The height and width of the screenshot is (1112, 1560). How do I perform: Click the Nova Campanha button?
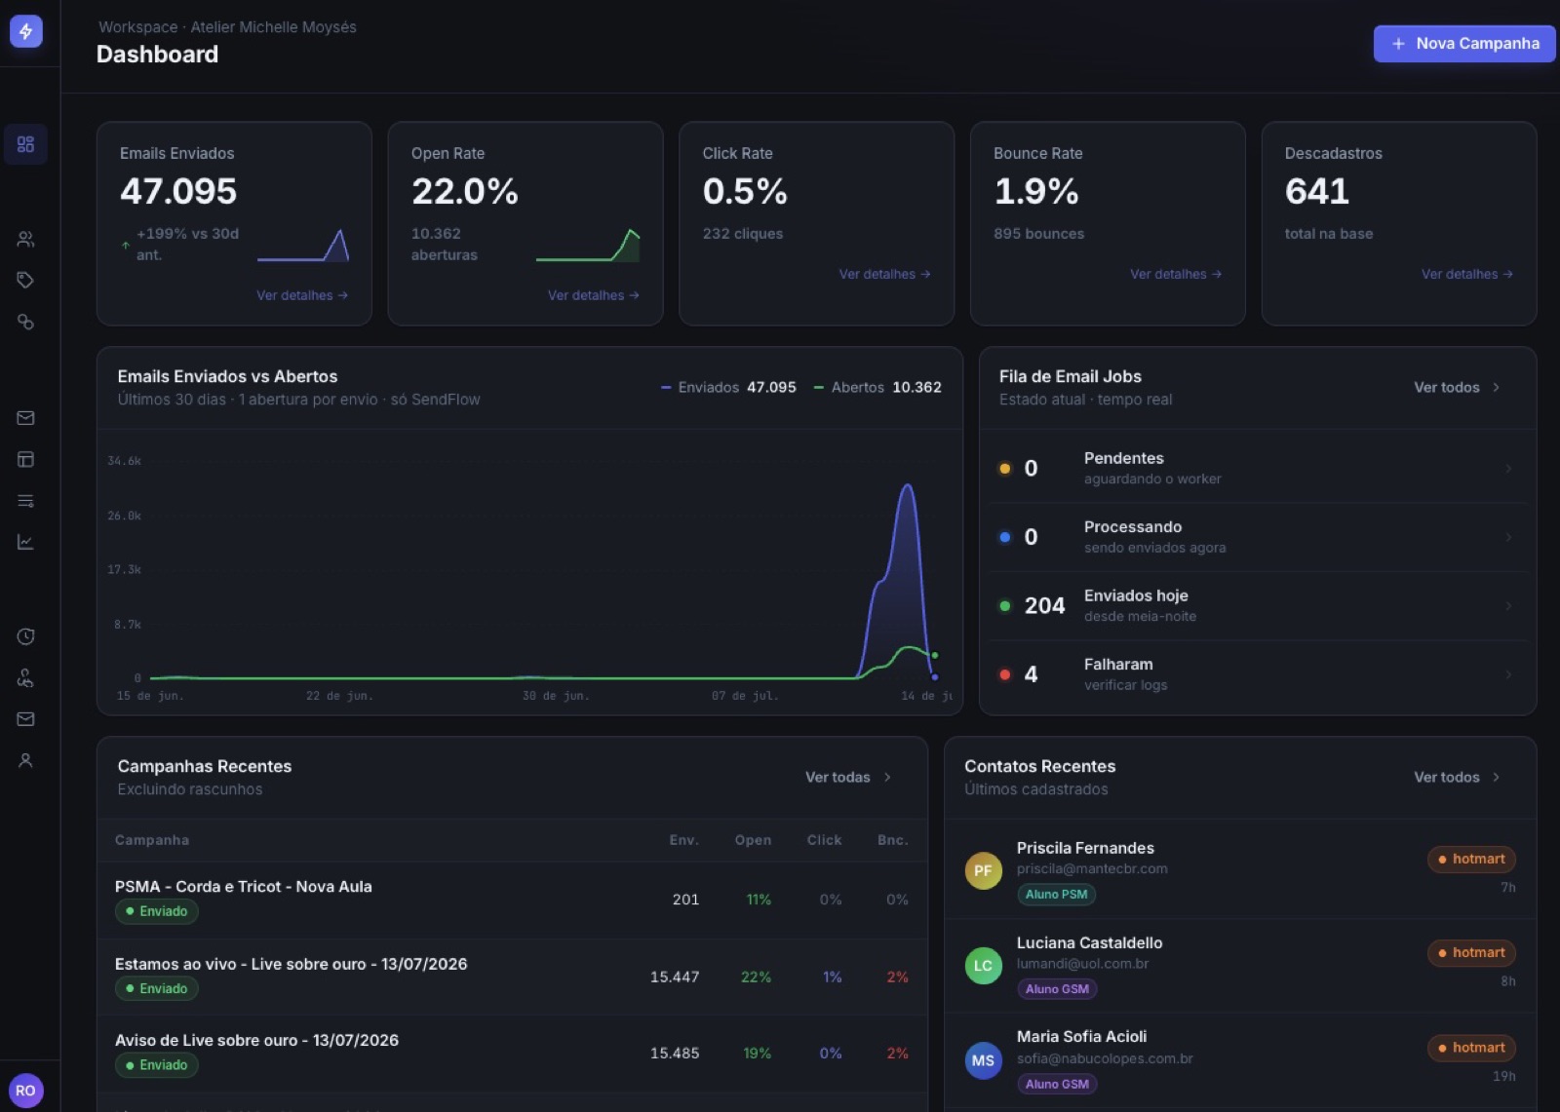tap(1463, 43)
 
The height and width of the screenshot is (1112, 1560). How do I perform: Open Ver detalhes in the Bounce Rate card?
tap(1176, 274)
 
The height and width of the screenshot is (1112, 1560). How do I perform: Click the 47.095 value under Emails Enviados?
tap(178, 191)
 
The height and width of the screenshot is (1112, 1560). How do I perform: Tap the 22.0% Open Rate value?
tap(464, 191)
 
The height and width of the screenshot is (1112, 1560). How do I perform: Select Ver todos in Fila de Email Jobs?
tap(1457, 387)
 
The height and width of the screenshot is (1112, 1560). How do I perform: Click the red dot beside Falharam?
tap(1004, 674)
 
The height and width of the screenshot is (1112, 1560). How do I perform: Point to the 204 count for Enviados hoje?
tap(1044, 605)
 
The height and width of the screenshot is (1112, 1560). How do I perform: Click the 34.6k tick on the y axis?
tap(124, 460)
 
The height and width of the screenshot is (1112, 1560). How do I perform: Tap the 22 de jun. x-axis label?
tap(339, 696)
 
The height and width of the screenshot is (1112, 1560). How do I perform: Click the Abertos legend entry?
tap(877, 387)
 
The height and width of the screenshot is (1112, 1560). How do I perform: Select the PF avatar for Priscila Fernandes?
tap(983, 870)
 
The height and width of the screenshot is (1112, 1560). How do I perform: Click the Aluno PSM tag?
tap(1056, 894)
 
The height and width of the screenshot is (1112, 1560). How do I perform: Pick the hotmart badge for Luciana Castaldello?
tap(1471, 952)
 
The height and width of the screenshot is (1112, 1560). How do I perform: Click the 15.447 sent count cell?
tap(674, 977)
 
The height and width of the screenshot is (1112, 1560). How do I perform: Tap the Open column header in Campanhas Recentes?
tap(753, 840)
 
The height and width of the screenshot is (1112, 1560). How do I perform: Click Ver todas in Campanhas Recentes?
tap(847, 777)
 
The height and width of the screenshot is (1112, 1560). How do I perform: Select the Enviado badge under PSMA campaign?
tap(157, 911)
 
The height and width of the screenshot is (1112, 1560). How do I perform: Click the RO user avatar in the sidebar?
tap(25, 1090)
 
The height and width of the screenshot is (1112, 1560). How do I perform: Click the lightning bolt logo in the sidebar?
tap(25, 31)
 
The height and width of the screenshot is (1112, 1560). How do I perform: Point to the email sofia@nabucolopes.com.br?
tap(1105, 1058)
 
